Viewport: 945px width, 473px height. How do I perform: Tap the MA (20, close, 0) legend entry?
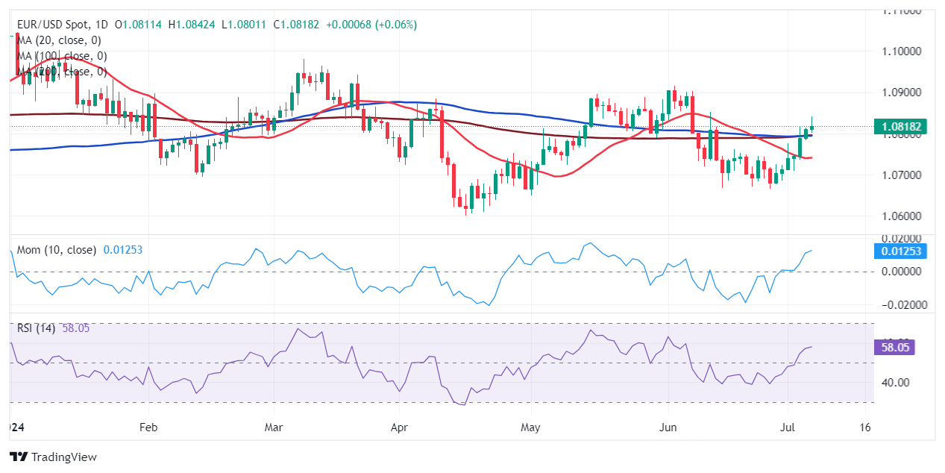(59, 40)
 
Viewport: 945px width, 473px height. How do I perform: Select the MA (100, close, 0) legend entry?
(62, 56)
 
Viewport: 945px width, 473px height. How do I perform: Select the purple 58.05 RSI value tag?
(894, 347)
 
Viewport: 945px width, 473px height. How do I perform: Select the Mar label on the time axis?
(274, 428)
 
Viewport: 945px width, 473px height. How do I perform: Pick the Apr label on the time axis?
(399, 428)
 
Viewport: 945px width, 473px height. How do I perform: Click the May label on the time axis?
(530, 428)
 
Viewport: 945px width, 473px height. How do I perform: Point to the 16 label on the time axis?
(865, 428)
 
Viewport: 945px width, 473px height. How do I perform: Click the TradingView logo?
(53, 457)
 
